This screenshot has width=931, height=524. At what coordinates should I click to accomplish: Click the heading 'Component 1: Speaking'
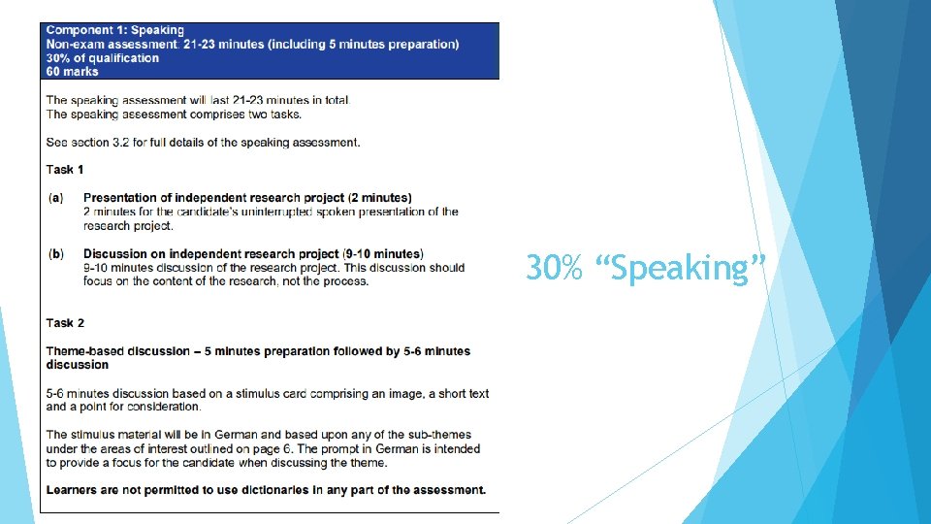tap(114, 31)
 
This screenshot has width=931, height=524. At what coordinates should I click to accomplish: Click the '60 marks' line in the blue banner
tap(72, 72)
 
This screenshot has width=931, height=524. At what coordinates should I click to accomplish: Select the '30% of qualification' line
tap(102, 58)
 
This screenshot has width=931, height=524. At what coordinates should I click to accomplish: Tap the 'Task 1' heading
tap(65, 170)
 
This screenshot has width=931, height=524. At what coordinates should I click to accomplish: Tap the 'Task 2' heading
tap(65, 323)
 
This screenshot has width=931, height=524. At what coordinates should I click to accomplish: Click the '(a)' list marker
tap(55, 198)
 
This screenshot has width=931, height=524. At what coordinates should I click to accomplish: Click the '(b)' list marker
tap(55, 254)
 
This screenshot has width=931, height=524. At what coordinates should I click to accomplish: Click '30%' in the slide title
tap(554, 268)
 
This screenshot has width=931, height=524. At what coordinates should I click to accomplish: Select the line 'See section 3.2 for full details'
tap(203, 143)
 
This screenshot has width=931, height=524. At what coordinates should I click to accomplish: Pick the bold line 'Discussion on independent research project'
tap(253, 254)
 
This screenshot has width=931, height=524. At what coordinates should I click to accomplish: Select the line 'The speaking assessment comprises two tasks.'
tap(174, 114)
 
